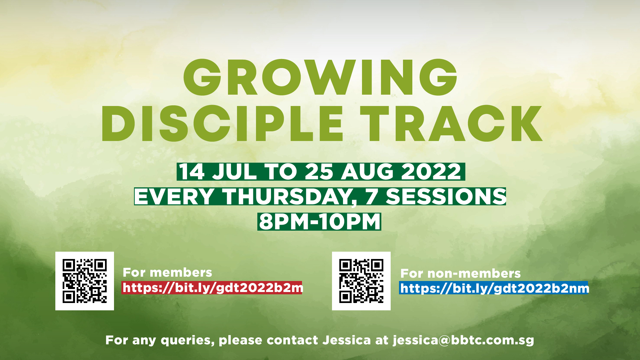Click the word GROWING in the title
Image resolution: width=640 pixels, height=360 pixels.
click(320, 77)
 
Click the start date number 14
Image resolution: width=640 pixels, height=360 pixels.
click(192, 172)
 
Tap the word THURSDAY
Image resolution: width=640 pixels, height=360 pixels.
click(290, 197)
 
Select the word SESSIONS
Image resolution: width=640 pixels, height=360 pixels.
click(446, 197)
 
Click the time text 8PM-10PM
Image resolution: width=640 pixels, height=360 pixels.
click(320, 222)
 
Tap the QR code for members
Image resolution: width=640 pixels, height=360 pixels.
click(85, 281)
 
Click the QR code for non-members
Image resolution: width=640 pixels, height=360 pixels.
click(361, 281)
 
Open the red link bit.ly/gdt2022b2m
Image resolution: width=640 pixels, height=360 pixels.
click(212, 288)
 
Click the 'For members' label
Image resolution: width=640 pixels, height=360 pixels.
click(167, 272)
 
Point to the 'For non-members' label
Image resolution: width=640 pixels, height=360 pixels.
click(460, 273)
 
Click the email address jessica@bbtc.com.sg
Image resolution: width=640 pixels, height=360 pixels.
click(463, 340)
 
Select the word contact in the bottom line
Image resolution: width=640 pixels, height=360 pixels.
click(292, 340)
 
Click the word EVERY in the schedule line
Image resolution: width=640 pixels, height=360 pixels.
click(174, 197)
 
